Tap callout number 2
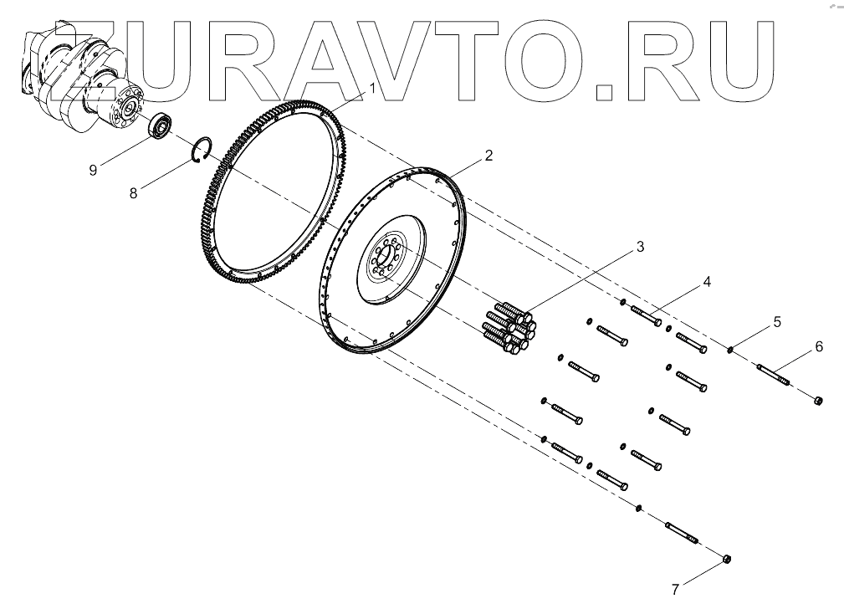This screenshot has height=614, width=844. (x=488, y=156)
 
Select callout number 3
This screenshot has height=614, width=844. (x=639, y=247)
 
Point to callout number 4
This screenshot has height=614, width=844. (x=707, y=282)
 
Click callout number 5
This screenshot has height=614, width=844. (x=777, y=320)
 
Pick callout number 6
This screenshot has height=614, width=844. (x=819, y=345)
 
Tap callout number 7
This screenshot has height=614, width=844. (x=674, y=589)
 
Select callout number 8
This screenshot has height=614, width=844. (x=133, y=192)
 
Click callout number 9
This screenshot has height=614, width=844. (x=94, y=169)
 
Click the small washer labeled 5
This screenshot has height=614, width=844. (x=730, y=350)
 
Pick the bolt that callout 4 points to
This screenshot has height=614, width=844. (x=647, y=316)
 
